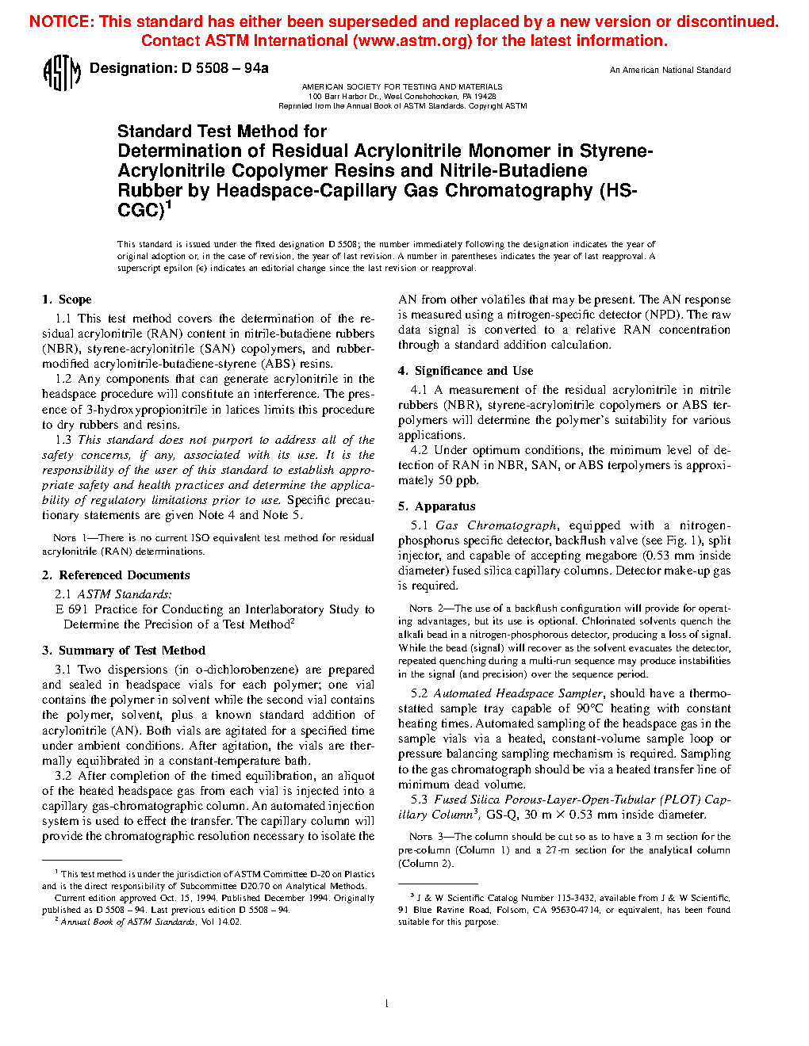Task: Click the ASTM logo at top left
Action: tap(61, 73)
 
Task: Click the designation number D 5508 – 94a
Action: tap(224, 68)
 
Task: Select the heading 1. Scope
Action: tap(67, 300)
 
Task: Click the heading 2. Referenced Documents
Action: tap(116, 575)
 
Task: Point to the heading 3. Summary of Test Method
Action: tap(124, 651)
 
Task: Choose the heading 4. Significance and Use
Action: tap(466, 371)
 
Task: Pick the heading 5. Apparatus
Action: tap(437, 506)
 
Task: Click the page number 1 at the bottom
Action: tap(386, 1004)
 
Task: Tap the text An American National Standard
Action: tap(670, 71)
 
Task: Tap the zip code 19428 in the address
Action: tap(485, 96)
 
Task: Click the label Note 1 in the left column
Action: tap(65, 538)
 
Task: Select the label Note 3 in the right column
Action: tap(421, 837)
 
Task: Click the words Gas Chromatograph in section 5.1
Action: tap(496, 525)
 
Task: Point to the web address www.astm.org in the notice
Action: tap(412, 41)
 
